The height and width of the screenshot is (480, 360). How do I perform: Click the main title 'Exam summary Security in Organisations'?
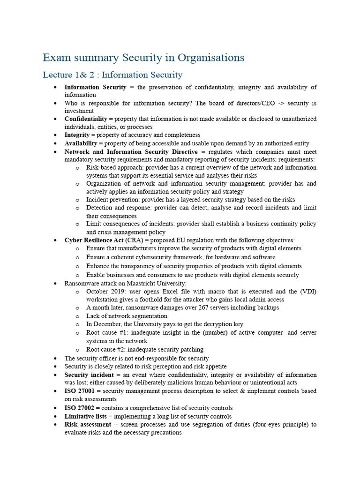(143, 58)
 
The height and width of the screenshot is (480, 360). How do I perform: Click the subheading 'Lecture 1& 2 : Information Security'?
(112, 75)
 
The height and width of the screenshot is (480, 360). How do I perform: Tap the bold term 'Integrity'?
(76, 135)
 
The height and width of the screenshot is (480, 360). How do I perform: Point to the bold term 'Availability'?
(81, 143)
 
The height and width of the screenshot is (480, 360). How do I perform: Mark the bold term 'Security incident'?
(89, 375)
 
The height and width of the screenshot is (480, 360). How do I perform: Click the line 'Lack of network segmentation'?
(127, 316)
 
